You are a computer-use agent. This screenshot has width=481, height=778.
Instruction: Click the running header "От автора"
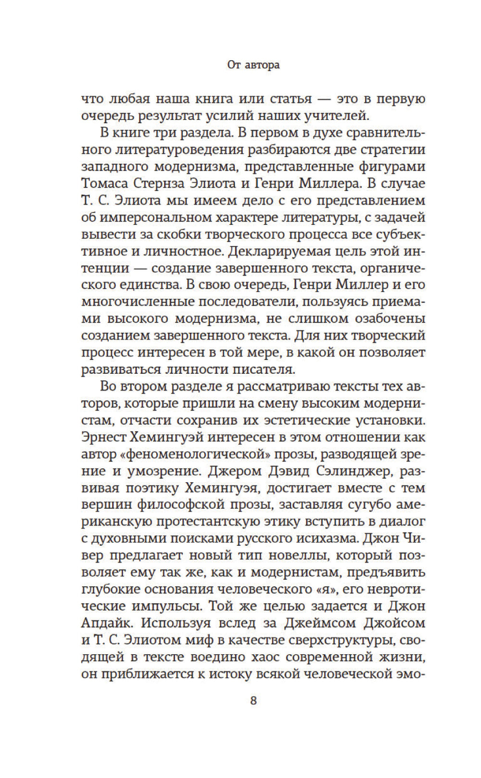point(253,65)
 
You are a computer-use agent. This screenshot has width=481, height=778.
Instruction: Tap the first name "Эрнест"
point(102,437)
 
